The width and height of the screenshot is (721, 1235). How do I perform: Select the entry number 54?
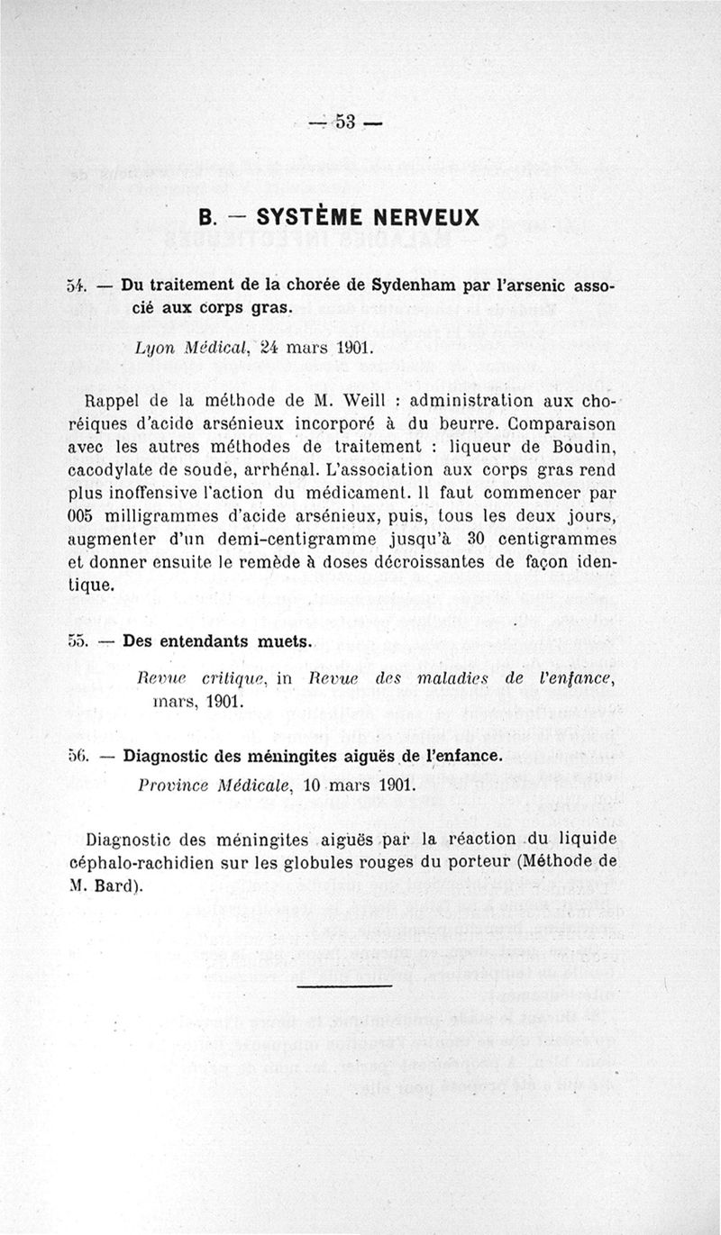coord(76,286)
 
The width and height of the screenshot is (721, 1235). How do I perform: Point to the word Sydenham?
coord(415,286)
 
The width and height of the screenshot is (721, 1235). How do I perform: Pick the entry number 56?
coord(78,755)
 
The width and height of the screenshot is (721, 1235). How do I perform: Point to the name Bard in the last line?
coord(115,885)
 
